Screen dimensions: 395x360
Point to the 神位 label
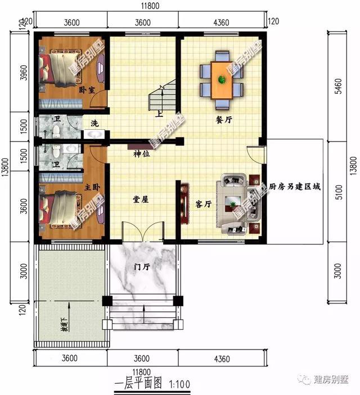[x=141, y=154]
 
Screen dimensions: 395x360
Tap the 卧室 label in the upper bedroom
[x=86, y=90]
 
